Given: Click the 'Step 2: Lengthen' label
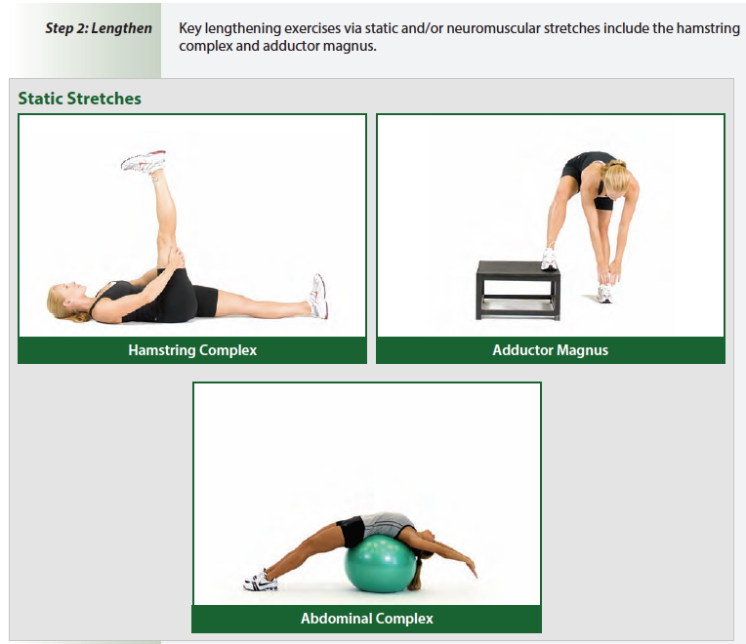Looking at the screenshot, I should point(99,28).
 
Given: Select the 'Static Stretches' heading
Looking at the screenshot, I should point(79,99).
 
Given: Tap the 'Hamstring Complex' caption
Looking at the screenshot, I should point(192,349).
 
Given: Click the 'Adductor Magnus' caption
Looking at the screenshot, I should point(550,349).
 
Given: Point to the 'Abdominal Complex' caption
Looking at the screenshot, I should point(366,619).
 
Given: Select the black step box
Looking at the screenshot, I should point(518,289).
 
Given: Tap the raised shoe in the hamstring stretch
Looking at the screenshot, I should point(144,163).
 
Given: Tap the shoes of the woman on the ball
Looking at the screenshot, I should point(261,582).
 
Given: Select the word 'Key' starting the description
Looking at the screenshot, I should point(191,28).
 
